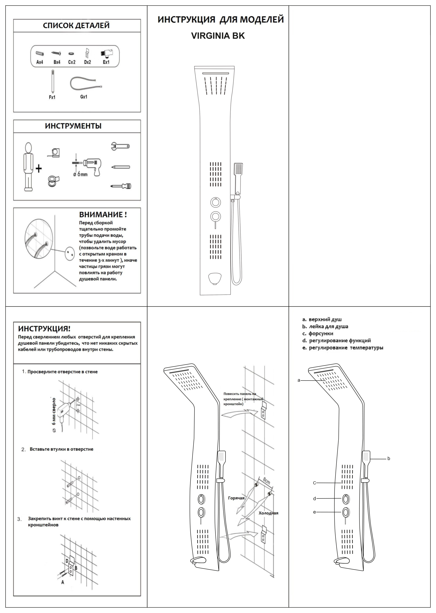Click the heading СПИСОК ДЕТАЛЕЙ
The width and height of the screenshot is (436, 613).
tap(76, 26)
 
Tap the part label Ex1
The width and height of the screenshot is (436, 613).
tap(106, 62)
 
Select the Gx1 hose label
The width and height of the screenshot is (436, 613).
tap(84, 97)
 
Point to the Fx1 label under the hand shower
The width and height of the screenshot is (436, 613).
tap(52, 97)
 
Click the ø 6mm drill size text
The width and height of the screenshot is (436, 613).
tap(80, 174)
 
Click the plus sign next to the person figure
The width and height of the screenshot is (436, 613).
tap(39, 169)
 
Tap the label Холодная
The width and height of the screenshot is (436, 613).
tap(268, 513)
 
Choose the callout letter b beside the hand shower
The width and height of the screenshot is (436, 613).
tap(389, 459)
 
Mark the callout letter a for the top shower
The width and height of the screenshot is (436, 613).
tap(299, 380)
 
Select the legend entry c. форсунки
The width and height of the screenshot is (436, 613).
tap(318, 334)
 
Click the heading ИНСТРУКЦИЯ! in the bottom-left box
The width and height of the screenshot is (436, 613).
tap(44, 329)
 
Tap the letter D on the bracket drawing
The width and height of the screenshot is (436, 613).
tap(67, 561)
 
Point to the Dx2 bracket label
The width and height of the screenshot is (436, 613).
tap(88, 62)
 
